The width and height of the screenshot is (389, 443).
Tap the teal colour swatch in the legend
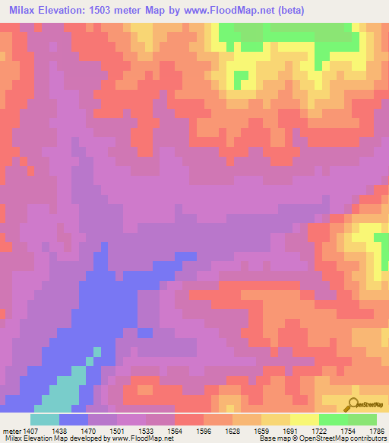[45, 419]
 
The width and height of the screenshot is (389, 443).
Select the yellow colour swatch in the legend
[305, 419]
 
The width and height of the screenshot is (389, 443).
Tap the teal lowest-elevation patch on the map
[65, 388]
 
